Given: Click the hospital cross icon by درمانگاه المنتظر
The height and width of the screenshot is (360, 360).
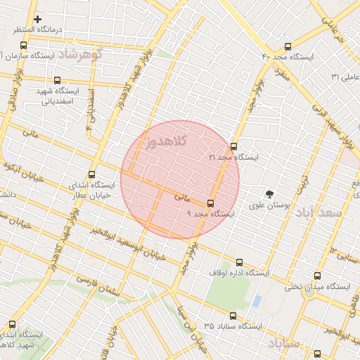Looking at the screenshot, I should (x=37, y=19).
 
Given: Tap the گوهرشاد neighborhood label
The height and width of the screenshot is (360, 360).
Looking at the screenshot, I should (x=81, y=53).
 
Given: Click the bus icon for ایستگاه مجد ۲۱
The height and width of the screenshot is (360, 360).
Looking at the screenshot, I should (x=233, y=146).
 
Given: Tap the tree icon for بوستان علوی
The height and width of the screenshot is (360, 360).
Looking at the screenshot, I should (x=269, y=194).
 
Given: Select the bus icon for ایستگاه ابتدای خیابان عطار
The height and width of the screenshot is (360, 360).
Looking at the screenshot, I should (x=92, y=174).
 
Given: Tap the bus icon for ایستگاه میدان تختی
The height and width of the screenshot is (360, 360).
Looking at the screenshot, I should (x=318, y=276).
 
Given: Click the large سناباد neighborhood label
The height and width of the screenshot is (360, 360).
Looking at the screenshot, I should (x=284, y=342).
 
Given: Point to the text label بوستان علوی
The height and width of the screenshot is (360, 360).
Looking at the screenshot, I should (x=271, y=205).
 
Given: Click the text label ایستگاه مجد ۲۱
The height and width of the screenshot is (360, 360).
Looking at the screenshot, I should (x=234, y=157).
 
